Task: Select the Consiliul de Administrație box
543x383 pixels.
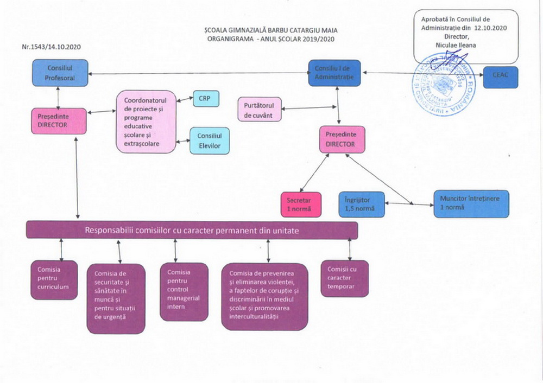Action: [x=334, y=73]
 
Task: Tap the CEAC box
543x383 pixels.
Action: [x=500, y=77]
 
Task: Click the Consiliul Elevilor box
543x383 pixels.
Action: [x=209, y=141]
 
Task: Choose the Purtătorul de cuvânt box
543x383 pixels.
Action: [x=260, y=109]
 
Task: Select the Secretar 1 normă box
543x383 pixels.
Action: [x=300, y=205]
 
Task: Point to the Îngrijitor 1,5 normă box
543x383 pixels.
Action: [x=361, y=203]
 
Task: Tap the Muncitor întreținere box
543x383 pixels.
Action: [x=471, y=203]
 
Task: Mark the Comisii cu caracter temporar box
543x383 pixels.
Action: [x=344, y=278]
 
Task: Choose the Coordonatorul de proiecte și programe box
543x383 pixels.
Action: [x=146, y=122]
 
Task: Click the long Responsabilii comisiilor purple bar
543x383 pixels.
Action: [x=192, y=231]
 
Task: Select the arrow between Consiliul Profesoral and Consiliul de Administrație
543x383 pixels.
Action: [x=195, y=74]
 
